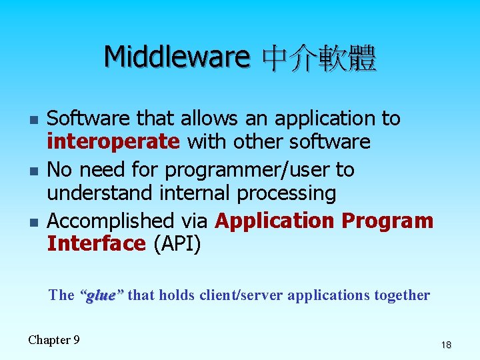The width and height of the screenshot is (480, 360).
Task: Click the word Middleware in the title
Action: pos(176,57)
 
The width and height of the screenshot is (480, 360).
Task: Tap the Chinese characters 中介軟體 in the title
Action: pos(319,59)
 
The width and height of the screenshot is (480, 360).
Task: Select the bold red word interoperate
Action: pos(113,142)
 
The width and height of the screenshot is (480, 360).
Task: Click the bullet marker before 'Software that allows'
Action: pos(33,121)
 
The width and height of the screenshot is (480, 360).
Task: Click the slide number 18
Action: pos(445,345)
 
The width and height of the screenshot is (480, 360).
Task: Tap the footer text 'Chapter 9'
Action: pos(54,340)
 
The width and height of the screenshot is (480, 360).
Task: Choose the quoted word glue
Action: pos(101,295)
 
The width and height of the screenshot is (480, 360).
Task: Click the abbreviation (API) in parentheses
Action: pos(177,244)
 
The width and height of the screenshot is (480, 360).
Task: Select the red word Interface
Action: pos(97,244)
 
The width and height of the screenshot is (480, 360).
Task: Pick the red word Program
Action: pos(387,221)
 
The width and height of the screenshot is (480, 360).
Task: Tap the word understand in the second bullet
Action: pos(100,194)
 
